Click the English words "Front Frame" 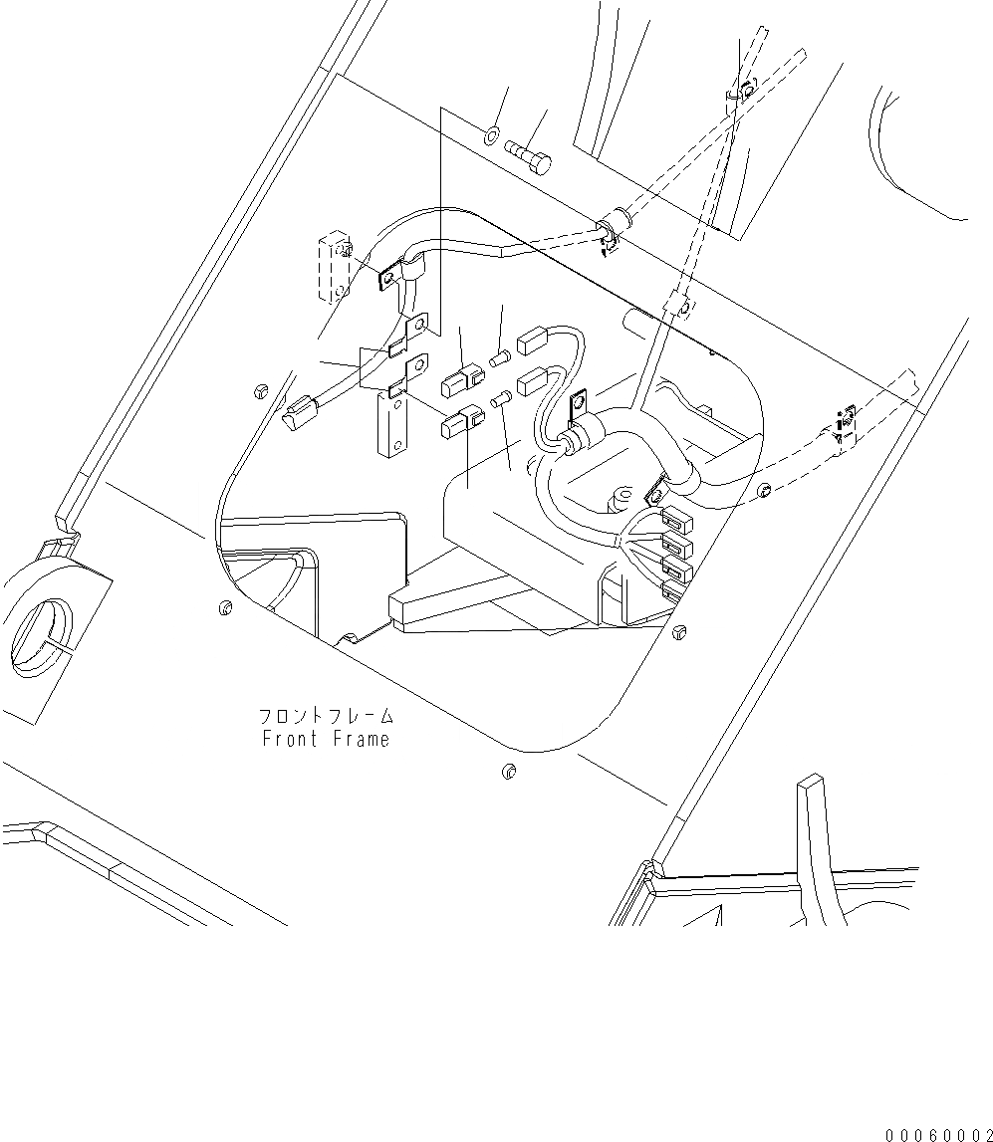click(x=326, y=739)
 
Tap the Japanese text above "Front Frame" click(x=326, y=716)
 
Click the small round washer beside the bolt click(x=491, y=135)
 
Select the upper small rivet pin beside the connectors click(x=500, y=353)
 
